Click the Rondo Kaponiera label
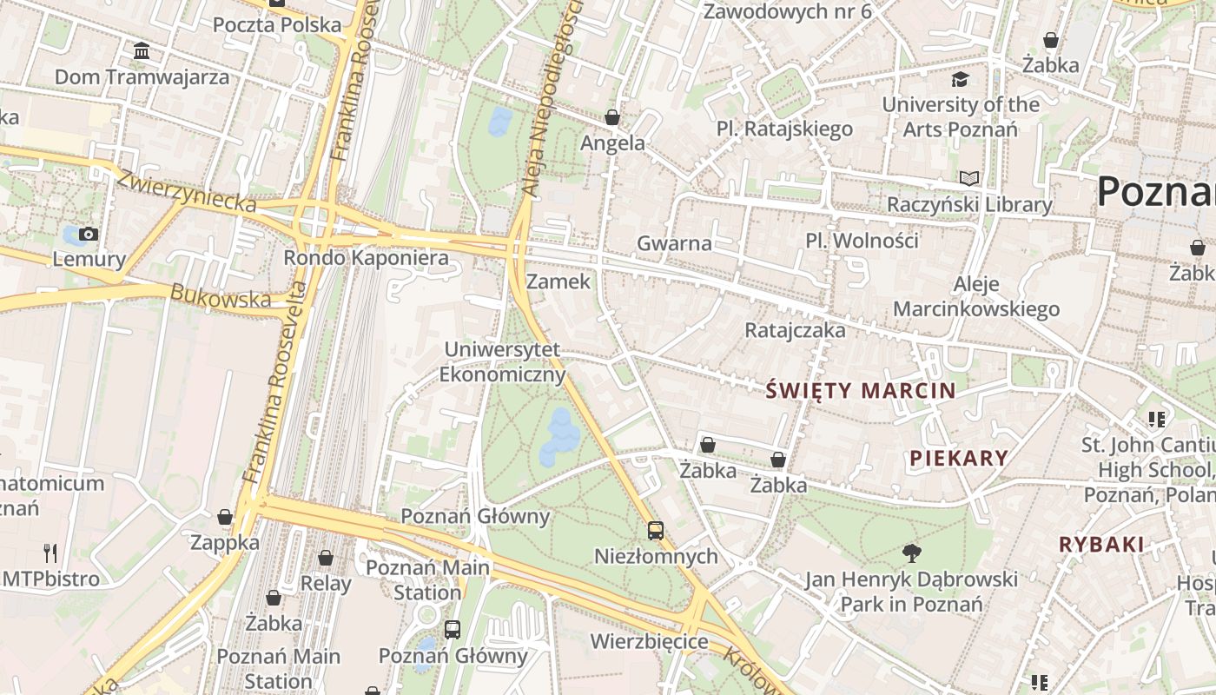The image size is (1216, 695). (x=366, y=258)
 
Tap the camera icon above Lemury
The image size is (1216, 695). (x=88, y=234)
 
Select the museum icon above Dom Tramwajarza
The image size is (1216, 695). (x=142, y=51)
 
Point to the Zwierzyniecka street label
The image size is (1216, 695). (x=187, y=191)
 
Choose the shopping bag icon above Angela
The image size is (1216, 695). (x=612, y=117)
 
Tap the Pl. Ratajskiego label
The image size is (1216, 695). (x=784, y=129)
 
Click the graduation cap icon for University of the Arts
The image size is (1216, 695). (x=960, y=80)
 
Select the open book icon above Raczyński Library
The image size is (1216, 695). (x=969, y=179)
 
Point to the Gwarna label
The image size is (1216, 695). (x=674, y=243)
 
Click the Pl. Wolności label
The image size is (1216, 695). (x=862, y=241)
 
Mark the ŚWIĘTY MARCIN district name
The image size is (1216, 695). (x=860, y=391)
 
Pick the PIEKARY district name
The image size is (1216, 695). (x=959, y=459)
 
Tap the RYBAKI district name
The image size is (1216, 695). (x=1101, y=545)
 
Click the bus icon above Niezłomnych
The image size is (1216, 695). (x=656, y=530)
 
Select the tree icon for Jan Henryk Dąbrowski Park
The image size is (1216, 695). (x=911, y=553)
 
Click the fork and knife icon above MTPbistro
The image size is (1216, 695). (x=50, y=553)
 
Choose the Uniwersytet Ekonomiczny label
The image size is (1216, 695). (x=503, y=362)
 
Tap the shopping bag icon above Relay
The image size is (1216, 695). (x=326, y=558)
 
